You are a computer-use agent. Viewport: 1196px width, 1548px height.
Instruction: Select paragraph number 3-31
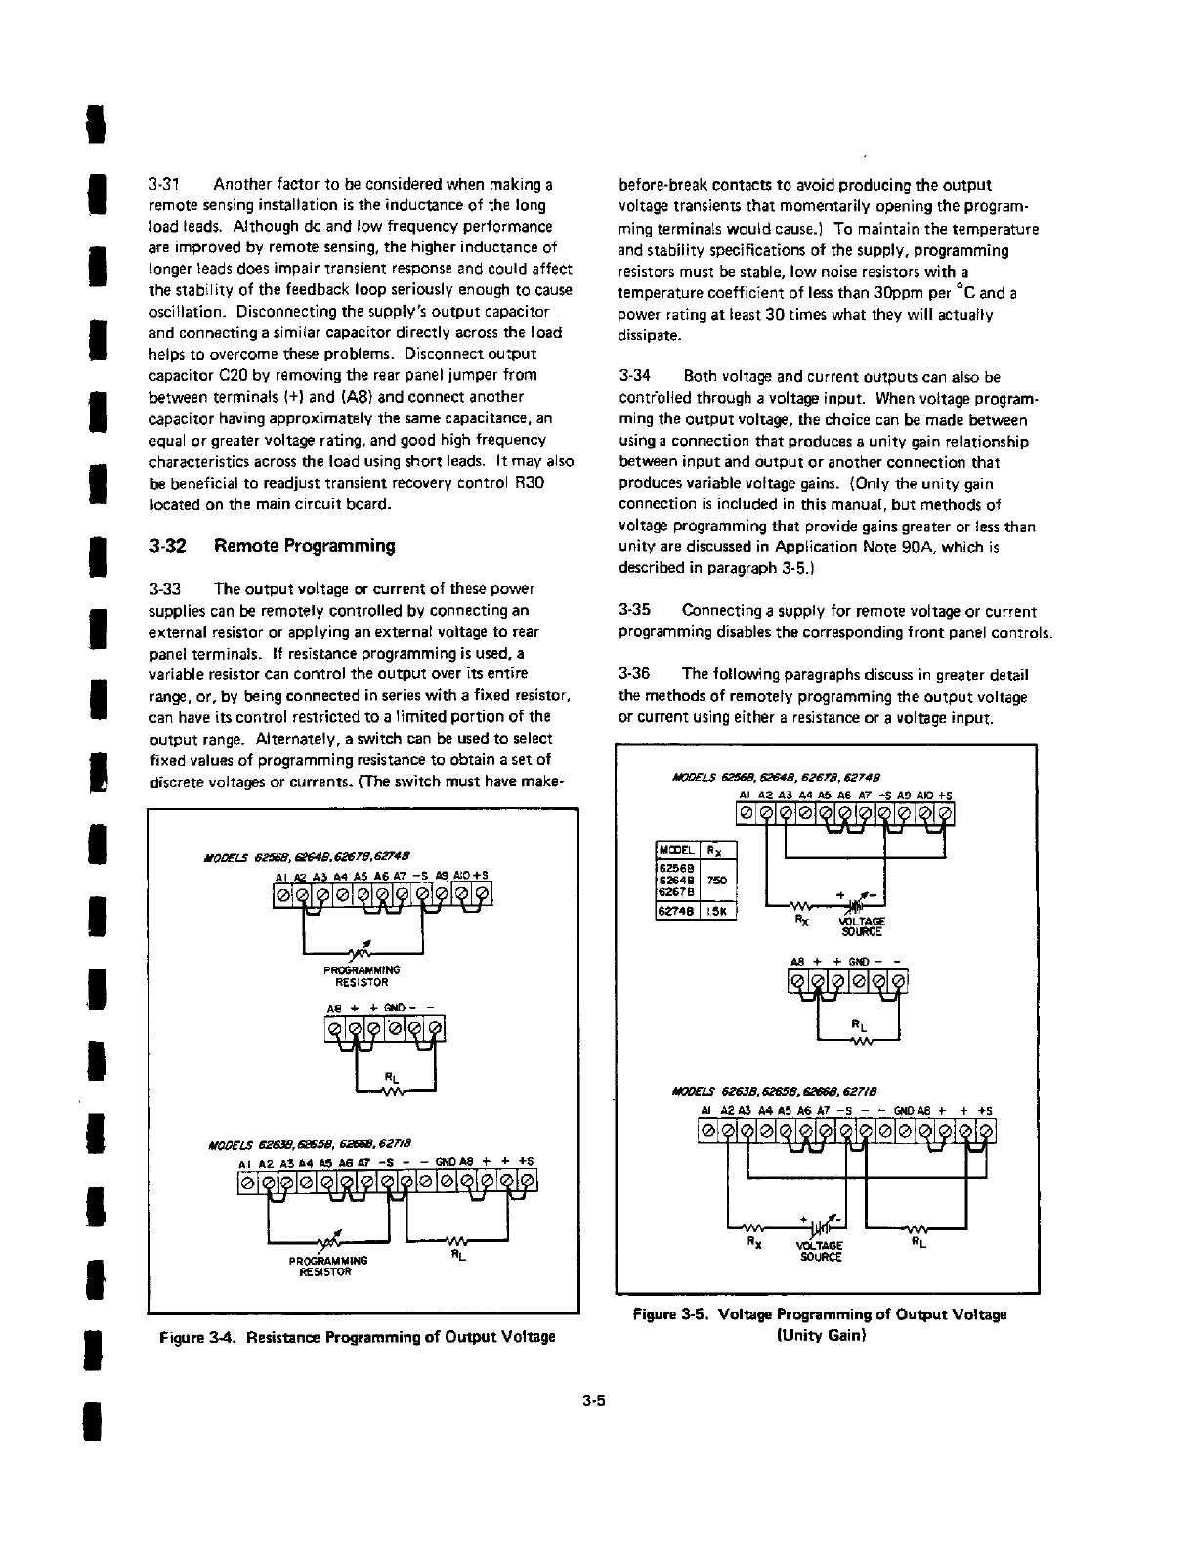160,184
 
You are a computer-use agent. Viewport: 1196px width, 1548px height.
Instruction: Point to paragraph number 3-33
160,589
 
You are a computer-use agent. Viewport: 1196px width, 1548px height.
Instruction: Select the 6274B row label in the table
675,915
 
